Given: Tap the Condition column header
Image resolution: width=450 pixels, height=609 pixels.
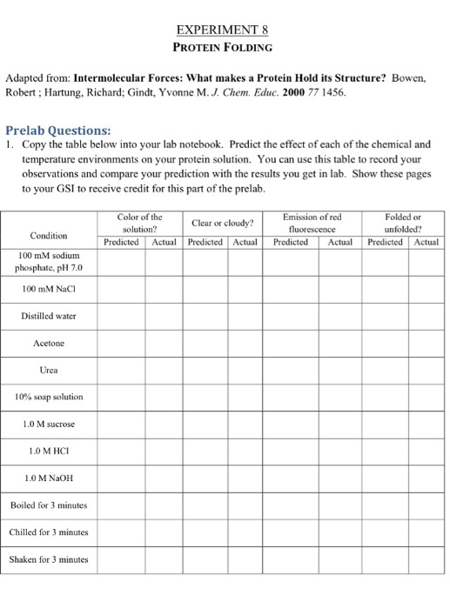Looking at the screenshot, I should [50, 235].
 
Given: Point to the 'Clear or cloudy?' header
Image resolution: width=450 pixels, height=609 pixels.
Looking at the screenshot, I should [222, 222].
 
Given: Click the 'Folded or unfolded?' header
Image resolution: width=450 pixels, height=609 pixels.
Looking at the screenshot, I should [402, 221].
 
